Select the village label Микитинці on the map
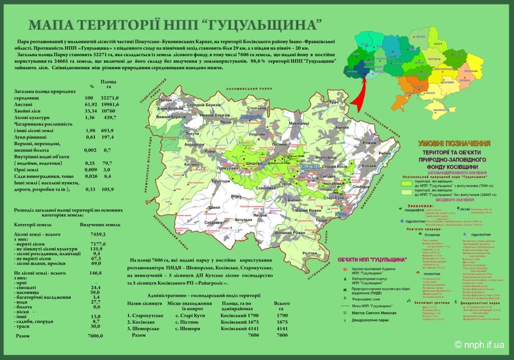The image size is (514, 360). [300, 123]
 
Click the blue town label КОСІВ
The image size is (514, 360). [306, 166]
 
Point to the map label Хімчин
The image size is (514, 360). [341, 129]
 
